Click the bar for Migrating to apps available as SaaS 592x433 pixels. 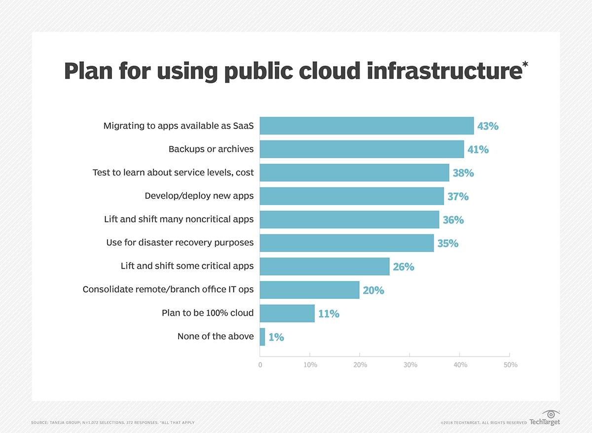pos(367,126)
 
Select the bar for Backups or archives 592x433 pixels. pos(362,149)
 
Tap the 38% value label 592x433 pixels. pos(463,173)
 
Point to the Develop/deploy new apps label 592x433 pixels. pos(199,196)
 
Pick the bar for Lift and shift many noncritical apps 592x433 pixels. pos(349,219)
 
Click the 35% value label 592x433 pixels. pos(448,243)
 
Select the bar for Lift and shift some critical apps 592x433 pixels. pos(324,266)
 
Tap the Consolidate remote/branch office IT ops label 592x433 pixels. pos(168,289)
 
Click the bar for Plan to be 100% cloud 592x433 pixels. pos(287,313)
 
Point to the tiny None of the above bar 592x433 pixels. pos(262,337)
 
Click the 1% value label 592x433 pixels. pos(276,337)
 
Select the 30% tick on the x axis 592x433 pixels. pos(410,365)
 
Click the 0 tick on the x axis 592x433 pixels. pos(260,365)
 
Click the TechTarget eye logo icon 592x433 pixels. pos(549,414)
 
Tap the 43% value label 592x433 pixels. pos(488,126)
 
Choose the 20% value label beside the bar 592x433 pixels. pos(373,290)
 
